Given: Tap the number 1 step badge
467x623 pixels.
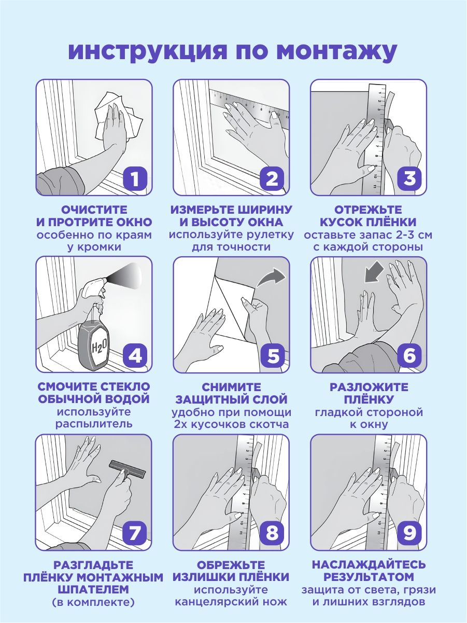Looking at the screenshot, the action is tap(135, 178).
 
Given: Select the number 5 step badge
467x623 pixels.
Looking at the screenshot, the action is tap(273, 356).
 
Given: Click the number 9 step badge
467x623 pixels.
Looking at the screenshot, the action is tap(409, 533).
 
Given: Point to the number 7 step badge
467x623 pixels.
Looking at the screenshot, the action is tap(135, 533).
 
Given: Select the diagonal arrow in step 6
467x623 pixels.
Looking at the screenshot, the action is tap(375, 272).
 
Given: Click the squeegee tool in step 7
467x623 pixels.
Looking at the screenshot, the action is tap(128, 471).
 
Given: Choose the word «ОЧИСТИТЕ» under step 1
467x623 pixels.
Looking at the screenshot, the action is tap(94, 210).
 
